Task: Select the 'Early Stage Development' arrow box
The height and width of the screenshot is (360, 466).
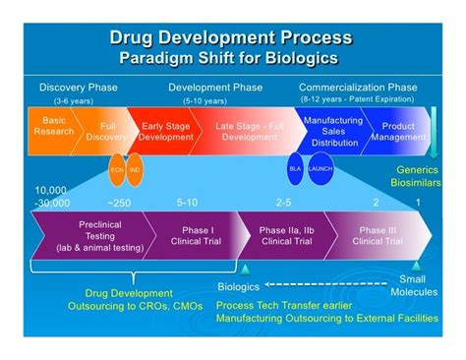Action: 166,130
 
